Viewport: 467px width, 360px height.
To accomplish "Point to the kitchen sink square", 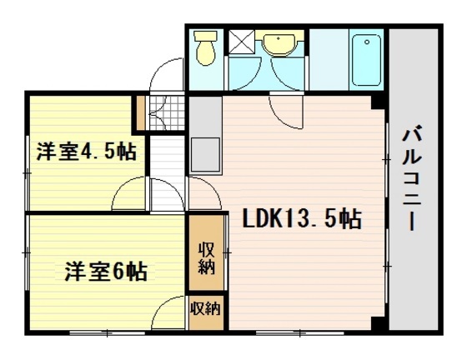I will [204, 155].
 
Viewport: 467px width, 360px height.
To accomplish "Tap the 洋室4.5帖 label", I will [87, 152].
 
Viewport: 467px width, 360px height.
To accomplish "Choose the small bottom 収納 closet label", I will [205, 308].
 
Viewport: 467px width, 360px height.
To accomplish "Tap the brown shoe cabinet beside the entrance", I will [141, 111].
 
